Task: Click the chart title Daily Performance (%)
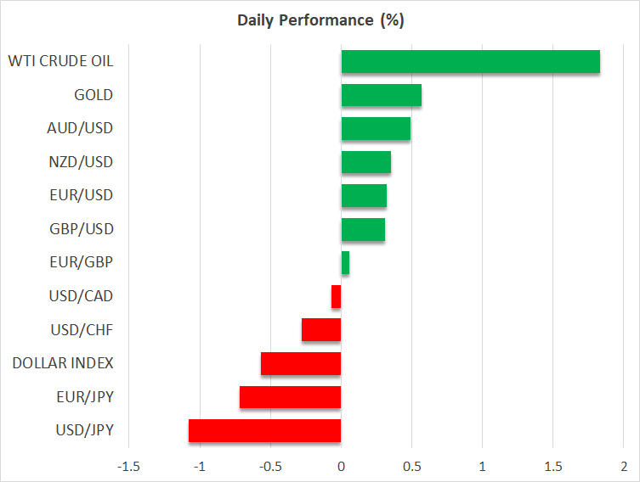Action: (x=320, y=20)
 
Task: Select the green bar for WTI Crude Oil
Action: (x=470, y=62)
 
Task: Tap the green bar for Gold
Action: (x=381, y=95)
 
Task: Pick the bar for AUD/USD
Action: (x=376, y=129)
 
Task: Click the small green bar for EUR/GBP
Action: (x=345, y=263)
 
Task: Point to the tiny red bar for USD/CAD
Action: (x=337, y=296)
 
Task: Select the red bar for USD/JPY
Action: (x=264, y=430)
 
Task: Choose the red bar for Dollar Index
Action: (x=301, y=363)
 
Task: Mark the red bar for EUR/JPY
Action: (x=290, y=397)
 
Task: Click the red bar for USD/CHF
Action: (x=321, y=330)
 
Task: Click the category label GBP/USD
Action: (x=82, y=229)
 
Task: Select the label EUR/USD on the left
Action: (x=82, y=195)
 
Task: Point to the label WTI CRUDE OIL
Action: (x=60, y=61)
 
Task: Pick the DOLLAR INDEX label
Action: (x=63, y=363)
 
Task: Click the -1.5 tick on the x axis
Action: (x=129, y=466)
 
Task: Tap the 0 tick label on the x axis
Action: (x=341, y=466)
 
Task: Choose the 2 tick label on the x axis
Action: (x=623, y=466)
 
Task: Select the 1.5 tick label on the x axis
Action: (x=552, y=466)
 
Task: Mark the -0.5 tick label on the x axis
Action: (x=270, y=466)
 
